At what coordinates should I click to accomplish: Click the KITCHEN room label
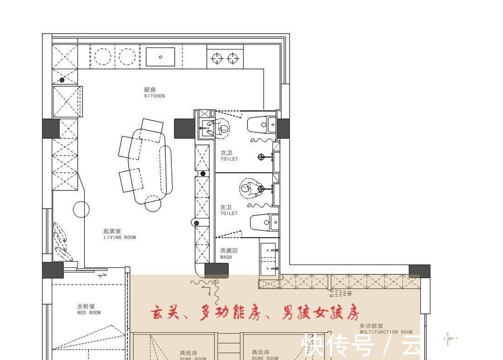[154, 93]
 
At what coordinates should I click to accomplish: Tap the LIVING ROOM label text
[119, 234]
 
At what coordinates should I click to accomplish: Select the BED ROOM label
[88, 309]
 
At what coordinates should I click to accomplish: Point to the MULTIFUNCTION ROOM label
[386, 329]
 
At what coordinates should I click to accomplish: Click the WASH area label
[229, 253]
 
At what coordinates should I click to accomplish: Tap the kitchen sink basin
[160, 57]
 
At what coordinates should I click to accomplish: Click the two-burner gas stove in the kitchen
[224, 58]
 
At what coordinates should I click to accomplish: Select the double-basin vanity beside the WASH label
[268, 258]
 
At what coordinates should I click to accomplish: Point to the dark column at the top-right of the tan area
[419, 271]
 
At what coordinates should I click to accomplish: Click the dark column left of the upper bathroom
[184, 129]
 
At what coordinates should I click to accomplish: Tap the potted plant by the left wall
[61, 242]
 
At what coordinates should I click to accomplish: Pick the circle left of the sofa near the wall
[81, 209]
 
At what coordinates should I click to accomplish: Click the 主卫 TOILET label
[229, 210]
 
